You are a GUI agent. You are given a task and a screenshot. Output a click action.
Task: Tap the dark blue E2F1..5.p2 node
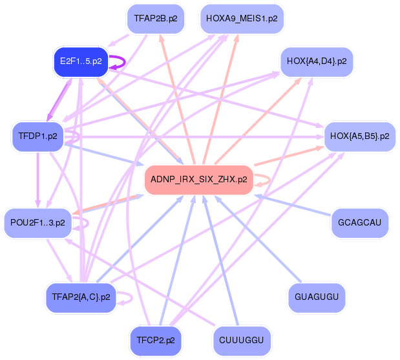pyautogui.click(x=80, y=61)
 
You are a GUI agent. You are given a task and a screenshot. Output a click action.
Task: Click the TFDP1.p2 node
pyautogui.click(x=38, y=136)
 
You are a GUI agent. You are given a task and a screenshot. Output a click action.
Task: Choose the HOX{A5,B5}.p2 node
pyautogui.click(x=359, y=136)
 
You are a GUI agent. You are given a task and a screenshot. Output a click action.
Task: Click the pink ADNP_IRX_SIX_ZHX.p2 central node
pyautogui.click(x=198, y=179)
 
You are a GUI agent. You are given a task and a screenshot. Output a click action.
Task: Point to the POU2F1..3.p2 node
pyautogui.click(x=38, y=222)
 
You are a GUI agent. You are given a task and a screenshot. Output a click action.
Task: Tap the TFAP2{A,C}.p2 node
pyautogui.click(x=81, y=297)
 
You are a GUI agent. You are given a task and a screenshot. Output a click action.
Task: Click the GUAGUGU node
pyautogui.click(x=316, y=297)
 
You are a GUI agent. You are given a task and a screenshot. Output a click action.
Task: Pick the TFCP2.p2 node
pyautogui.click(x=155, y=339)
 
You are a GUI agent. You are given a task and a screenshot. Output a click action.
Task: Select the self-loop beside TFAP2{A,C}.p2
pyautogui.click(x=131, y=298)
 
